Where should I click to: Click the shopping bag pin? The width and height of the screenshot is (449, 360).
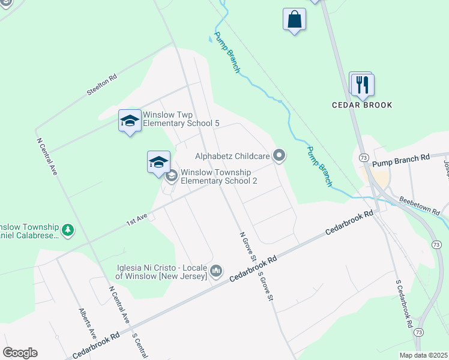pos(294,19)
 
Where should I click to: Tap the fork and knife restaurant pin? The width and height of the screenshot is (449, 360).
pos(363,85)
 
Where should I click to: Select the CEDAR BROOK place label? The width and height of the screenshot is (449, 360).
pos(362,105)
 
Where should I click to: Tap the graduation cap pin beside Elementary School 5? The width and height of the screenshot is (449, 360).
pos(130,121)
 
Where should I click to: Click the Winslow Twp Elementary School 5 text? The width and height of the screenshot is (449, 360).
pos(181,119)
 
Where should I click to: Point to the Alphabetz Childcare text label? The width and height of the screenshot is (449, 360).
pos(232,156)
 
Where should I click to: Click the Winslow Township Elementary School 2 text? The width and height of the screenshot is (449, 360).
pos(219,176)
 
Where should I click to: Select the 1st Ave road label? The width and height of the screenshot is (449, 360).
pos(136,220)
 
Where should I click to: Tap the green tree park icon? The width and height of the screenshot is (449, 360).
pos(69,229)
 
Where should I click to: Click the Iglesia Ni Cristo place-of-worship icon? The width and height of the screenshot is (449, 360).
pos(217,272)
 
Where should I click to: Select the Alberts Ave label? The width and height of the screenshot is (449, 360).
pos(88,324)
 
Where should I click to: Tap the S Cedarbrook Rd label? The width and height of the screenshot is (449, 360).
pos(404,304)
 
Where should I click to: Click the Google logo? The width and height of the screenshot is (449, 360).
pos(20,353)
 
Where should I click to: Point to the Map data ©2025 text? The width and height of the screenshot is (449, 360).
pos(423,355)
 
